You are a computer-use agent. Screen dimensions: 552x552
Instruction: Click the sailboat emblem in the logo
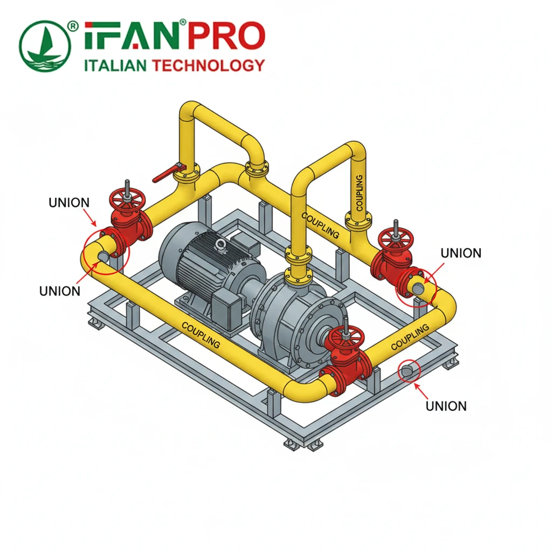click(x=45, y=46)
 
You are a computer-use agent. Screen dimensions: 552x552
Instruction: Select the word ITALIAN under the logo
click(x=115, y=65)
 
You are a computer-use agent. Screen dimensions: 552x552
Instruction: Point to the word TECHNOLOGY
click(x=208, y=65)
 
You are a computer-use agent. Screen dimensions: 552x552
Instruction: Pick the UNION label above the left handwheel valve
click(x=69, y=203)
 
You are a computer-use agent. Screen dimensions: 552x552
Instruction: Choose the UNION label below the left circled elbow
click(x=60, y=291)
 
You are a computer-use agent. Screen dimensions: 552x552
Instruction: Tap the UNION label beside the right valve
click(x=461, y=253)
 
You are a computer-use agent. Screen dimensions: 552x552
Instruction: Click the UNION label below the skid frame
click(x=446, y=406)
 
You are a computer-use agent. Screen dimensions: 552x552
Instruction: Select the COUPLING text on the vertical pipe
click(x=359, y=193)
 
